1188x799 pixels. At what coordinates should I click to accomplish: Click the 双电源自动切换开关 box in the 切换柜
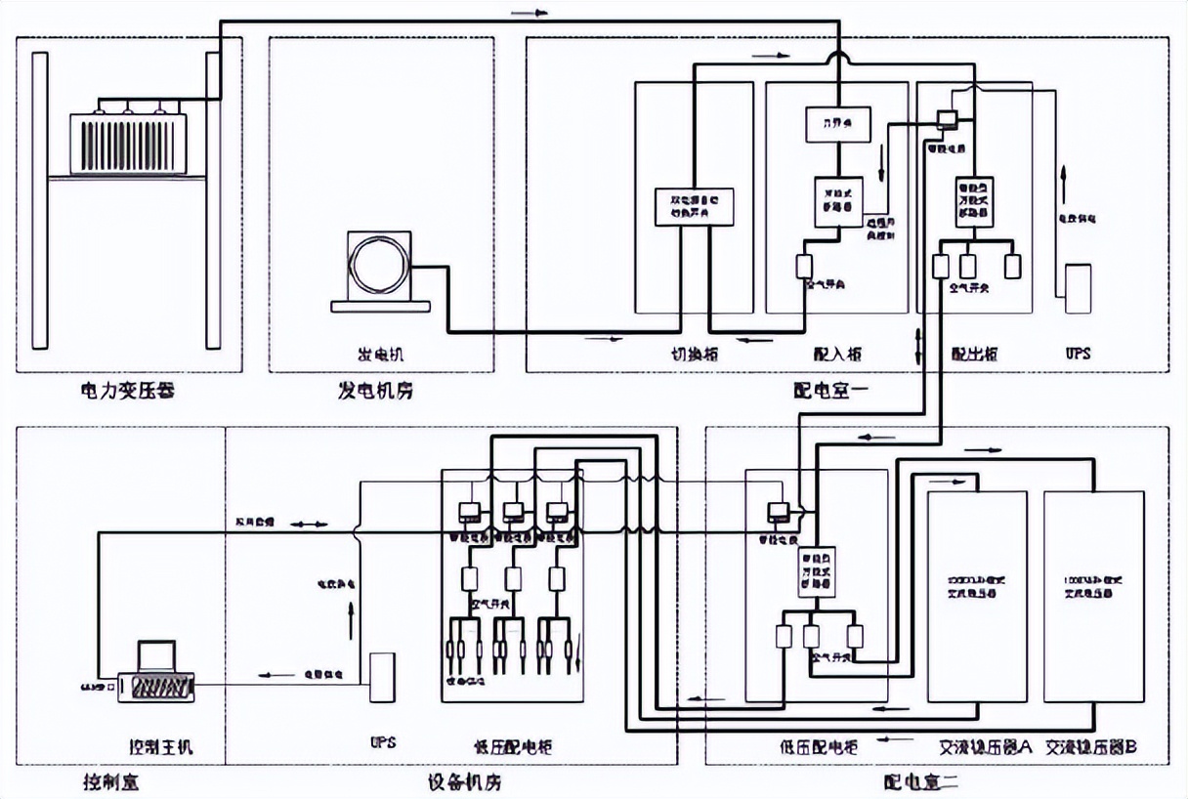click(694, 206)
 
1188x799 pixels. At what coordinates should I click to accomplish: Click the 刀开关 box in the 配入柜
click(836, 122)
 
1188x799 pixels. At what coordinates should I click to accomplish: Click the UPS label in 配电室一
click(1076, 354)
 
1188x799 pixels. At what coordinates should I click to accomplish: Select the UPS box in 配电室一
click(1078, 287)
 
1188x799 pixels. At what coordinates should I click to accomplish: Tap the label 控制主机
click(161, 747)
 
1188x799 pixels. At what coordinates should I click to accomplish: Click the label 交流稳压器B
click(1091, 747)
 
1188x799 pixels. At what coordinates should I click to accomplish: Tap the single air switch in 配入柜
click(804, 265)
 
